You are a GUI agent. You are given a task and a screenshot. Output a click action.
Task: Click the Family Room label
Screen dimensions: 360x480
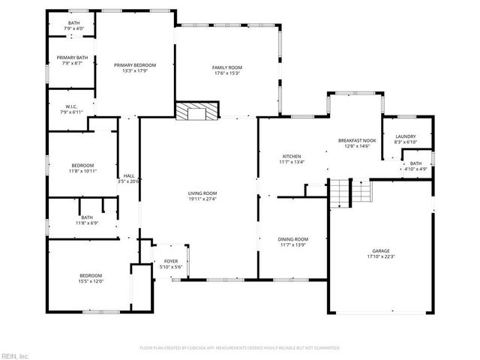tap(227, 67)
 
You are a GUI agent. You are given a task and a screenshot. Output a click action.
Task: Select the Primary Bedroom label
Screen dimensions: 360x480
tap(135, 65)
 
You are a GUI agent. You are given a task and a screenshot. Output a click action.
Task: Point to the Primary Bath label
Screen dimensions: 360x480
tap(72, 58)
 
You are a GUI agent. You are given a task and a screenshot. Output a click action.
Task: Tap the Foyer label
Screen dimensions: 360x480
tap(171, 262)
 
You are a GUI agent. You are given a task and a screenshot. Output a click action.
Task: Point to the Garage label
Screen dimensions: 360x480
tap(381, 251)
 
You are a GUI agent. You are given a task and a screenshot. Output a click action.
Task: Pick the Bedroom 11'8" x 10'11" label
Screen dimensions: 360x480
tap(82, 165)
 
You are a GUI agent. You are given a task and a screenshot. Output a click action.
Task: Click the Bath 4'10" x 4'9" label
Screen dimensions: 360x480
tap(415, 163)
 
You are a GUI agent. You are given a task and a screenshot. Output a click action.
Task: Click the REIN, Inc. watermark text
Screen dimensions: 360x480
tap(15, 354)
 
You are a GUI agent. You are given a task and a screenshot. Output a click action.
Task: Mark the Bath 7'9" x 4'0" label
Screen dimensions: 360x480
tap(73, 23)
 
